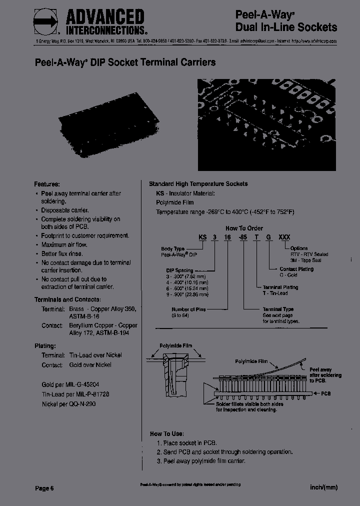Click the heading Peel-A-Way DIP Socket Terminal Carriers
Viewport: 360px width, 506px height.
(125, 62)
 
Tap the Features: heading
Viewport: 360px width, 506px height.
(47, 184)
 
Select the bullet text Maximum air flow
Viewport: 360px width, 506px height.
(64, 244)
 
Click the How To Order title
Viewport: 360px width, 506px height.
(244, 228)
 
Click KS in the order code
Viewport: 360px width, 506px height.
(203, 237)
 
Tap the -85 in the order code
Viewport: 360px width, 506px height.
(244, 237)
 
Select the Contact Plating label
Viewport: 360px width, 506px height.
(297, 269)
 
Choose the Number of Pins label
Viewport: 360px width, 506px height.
(188, 309)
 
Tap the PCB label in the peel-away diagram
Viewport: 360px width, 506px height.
(325, 393)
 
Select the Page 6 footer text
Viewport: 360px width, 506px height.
(44, 488)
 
